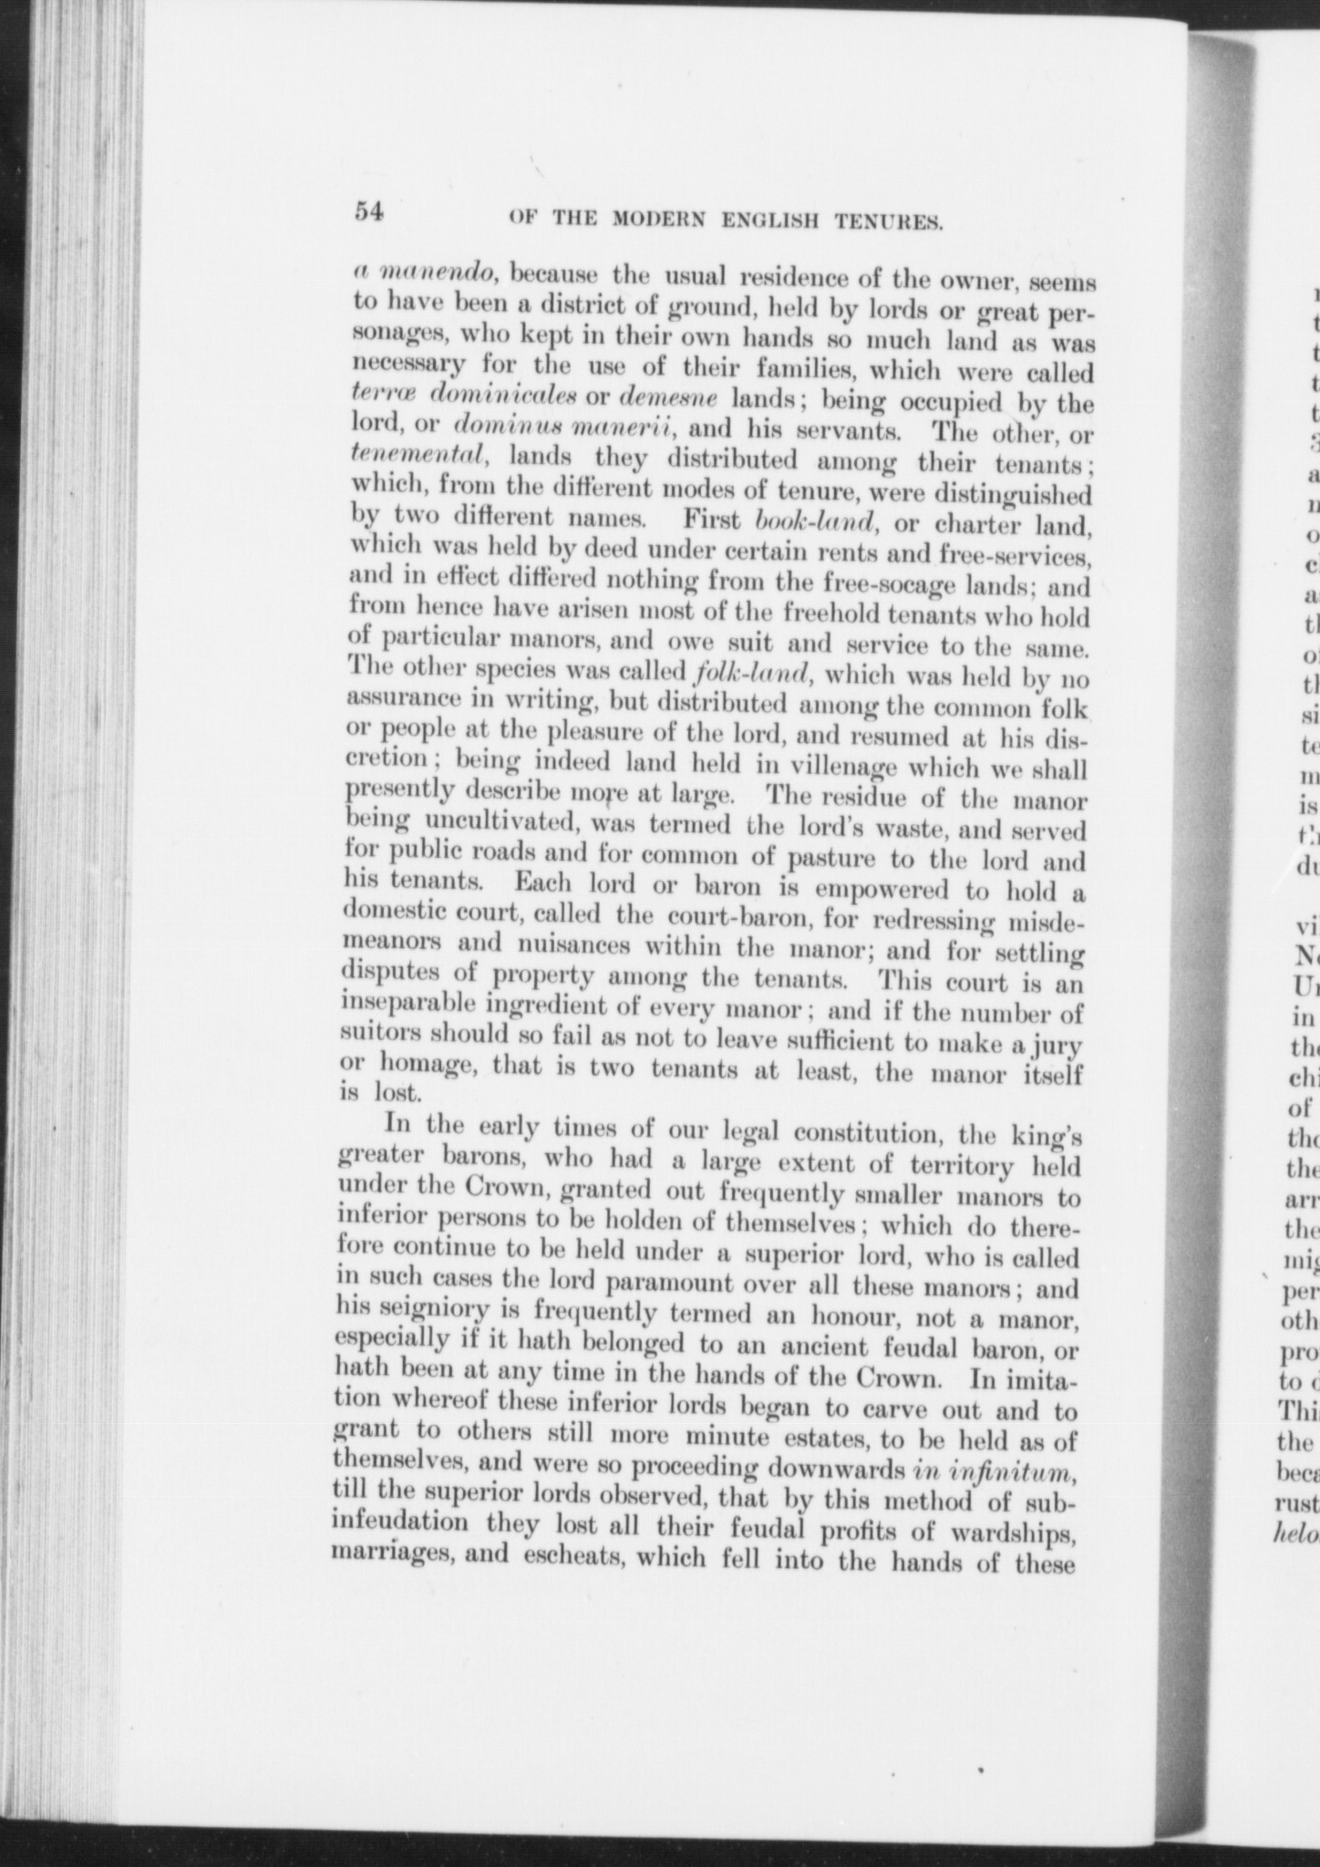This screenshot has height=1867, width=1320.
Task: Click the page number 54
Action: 372,211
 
